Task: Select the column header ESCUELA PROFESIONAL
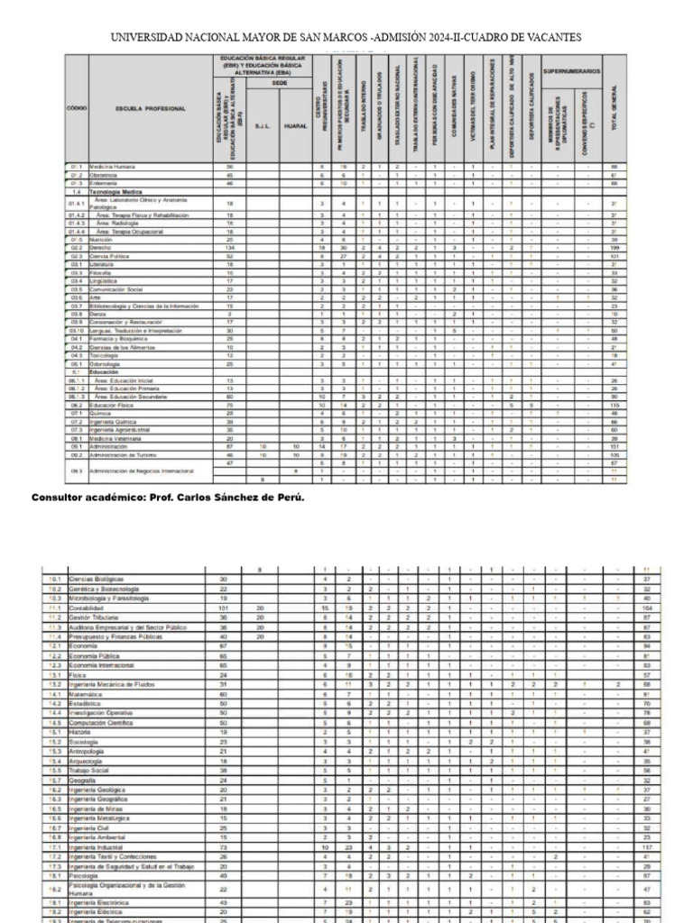tap(150, 108)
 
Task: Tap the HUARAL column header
tap(295, 125)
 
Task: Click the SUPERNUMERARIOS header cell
tap(571, 70)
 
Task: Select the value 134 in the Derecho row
tap(229, 248)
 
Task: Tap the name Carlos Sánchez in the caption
tap(236, 498)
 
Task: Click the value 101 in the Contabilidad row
tap(223, 608)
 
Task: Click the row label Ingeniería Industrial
tap(97, 846)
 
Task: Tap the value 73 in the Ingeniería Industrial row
tap(223, 846)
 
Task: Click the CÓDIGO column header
tap(78, 108)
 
